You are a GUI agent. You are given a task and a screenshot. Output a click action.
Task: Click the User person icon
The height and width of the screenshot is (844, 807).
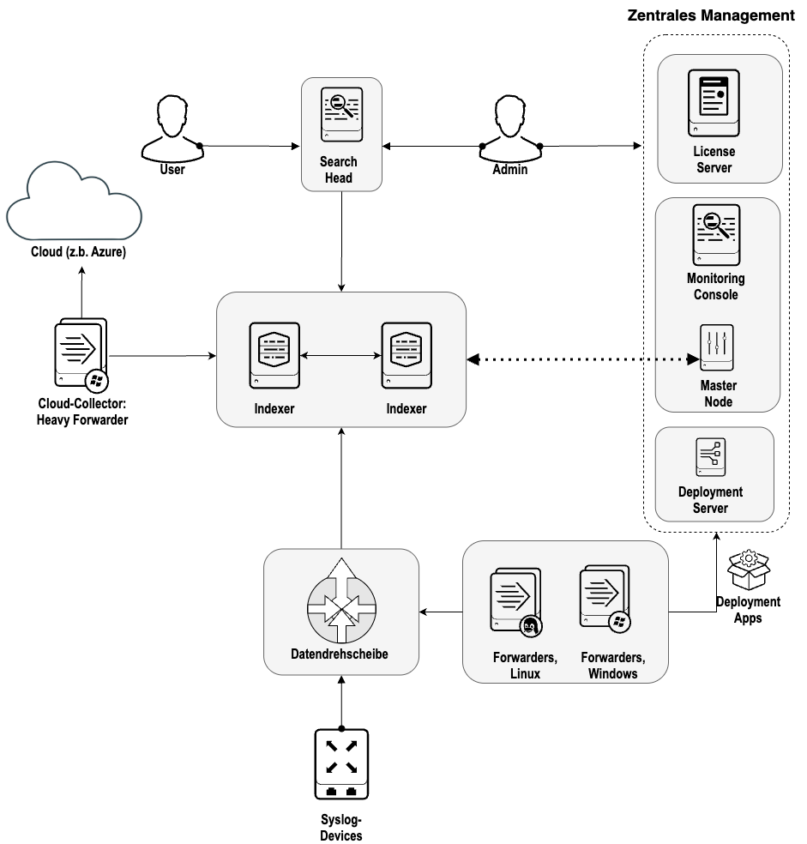pos(172,126)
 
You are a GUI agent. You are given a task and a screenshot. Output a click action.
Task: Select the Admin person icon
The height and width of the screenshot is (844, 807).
pos(510,126)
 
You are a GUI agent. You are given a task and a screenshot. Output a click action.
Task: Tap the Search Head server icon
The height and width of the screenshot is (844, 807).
pos(341,112)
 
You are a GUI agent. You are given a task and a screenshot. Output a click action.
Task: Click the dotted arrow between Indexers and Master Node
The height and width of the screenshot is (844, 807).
pos(583,359)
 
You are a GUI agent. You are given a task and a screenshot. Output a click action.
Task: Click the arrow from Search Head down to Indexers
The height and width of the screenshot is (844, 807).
pos(341,240)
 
